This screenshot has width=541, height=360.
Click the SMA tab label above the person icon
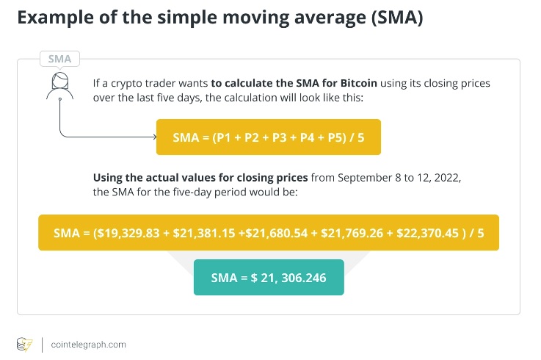59,59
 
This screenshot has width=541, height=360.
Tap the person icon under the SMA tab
59,86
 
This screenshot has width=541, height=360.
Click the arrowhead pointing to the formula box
153,137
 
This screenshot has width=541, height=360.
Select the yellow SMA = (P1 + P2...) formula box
268,137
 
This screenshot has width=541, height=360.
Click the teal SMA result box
268,277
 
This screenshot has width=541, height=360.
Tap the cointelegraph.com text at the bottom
90,344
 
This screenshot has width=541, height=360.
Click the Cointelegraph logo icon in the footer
24,344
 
